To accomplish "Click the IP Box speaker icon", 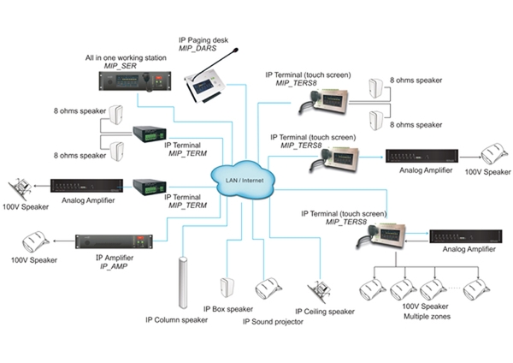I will coord(227,288).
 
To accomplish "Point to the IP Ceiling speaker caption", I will coord(324,312).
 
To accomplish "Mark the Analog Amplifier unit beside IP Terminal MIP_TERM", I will coord(86,186).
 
